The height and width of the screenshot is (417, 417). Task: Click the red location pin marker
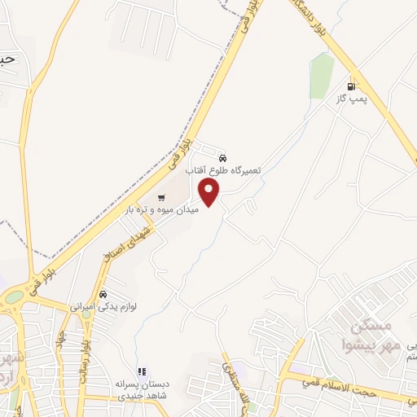click(209, 193)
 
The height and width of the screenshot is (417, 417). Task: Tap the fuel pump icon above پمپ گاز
click(352, 86)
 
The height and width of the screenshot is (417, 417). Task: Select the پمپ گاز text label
click(353, 99)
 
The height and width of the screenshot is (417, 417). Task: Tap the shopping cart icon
click(160, 197)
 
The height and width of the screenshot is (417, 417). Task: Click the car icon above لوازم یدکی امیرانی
click(103, 294)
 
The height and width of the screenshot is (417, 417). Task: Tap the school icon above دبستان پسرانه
click(141, 371)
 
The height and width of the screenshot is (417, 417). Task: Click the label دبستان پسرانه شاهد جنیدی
click(145, 389)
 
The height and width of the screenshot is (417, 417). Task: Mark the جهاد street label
click(61, 340)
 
